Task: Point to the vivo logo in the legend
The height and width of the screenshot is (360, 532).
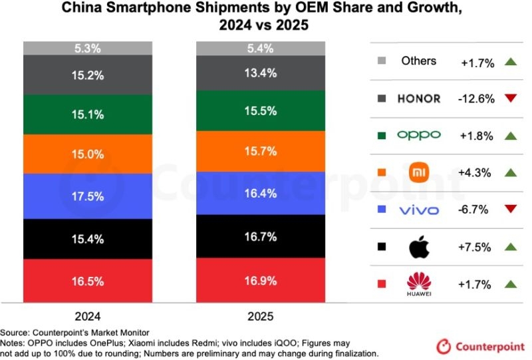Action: tap(419, 210)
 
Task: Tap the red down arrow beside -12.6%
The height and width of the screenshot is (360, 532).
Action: tap(511, 99)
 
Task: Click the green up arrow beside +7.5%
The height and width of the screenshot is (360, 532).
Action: tap(511, 247)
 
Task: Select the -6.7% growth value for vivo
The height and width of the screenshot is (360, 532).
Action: tap(473, 210)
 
